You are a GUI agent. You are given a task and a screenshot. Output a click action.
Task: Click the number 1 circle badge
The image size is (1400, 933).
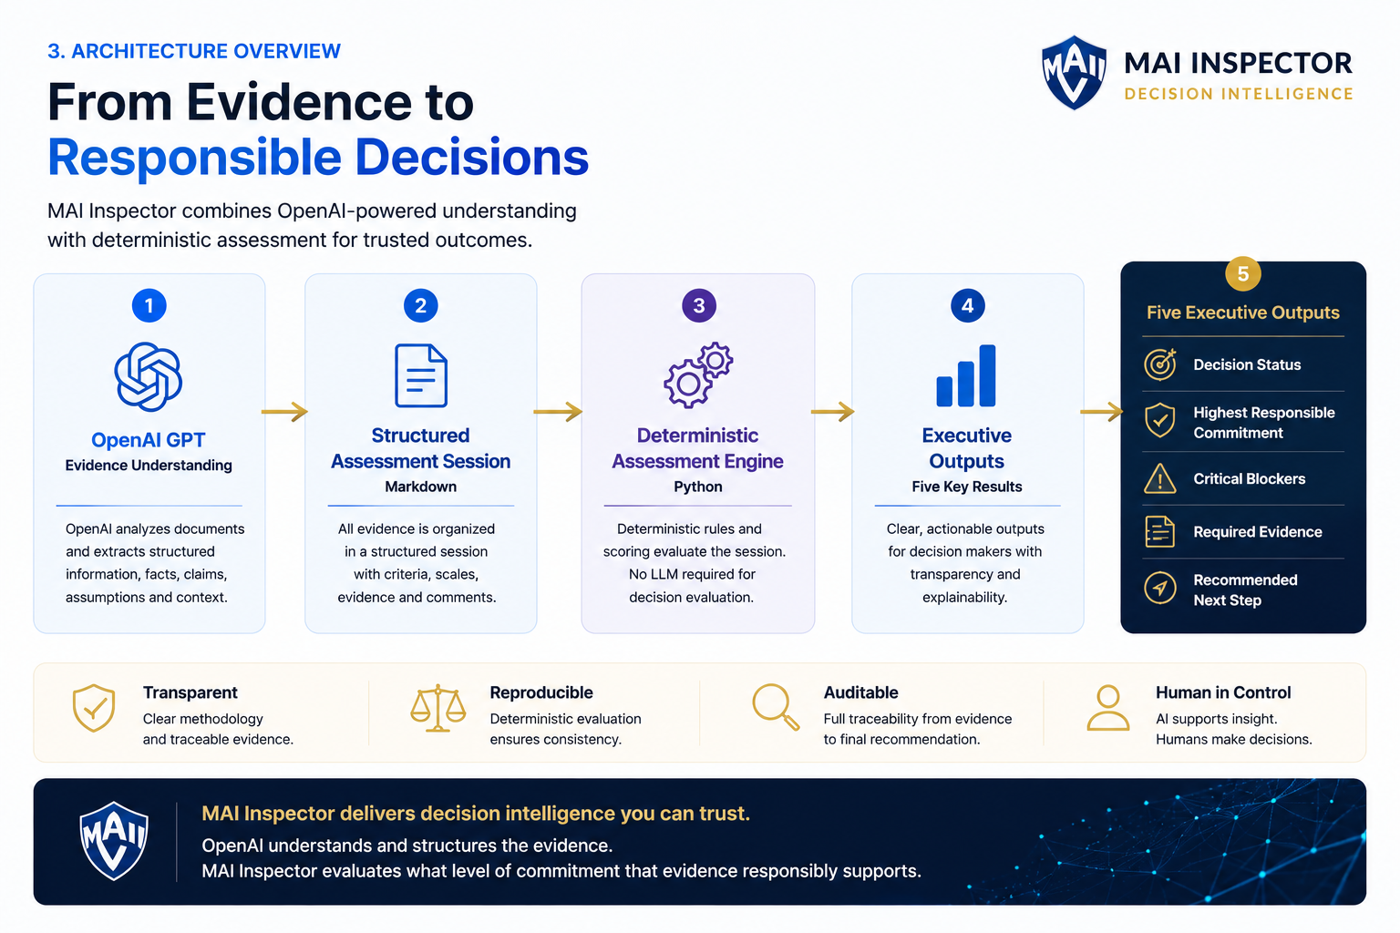(149, 305)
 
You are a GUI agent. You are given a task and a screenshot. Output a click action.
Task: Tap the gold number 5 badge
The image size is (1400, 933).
(1242, 273)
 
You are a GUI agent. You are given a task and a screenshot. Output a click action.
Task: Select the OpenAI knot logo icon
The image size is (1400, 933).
(149, 376)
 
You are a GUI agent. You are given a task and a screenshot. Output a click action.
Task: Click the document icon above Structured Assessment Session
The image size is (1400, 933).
(420, 375)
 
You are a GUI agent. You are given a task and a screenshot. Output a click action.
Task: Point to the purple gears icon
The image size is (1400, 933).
(698, 375)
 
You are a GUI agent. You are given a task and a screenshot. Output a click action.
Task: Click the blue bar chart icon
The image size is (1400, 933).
(966, 375)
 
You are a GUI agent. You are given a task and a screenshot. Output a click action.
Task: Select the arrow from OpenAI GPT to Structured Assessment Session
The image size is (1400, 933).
(284, 411)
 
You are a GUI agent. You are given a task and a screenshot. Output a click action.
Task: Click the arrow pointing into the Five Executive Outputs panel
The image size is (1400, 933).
(1102, 411)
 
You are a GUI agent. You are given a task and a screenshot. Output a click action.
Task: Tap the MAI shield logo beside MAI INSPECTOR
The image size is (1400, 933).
(1074, 73)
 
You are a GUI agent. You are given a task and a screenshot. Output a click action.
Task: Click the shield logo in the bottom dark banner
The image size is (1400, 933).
(114, 841)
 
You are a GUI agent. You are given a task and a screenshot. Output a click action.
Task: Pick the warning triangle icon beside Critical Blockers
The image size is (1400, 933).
(1160, 478)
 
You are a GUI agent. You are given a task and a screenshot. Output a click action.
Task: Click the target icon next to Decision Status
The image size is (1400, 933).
(1160, 364)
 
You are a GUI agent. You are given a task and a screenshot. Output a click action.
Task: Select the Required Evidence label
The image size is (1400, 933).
(1258, 532)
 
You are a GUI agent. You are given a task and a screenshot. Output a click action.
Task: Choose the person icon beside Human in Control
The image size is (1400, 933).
(1108, 708)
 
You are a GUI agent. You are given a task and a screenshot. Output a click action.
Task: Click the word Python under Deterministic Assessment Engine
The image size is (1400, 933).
(697, 487)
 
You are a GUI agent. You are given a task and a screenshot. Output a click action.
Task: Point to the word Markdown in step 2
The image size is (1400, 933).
(420, 487)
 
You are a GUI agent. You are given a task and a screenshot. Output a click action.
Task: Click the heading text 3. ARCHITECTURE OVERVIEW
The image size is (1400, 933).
(194, 51)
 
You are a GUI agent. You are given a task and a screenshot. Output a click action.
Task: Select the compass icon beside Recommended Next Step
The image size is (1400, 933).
(1160, 588)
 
